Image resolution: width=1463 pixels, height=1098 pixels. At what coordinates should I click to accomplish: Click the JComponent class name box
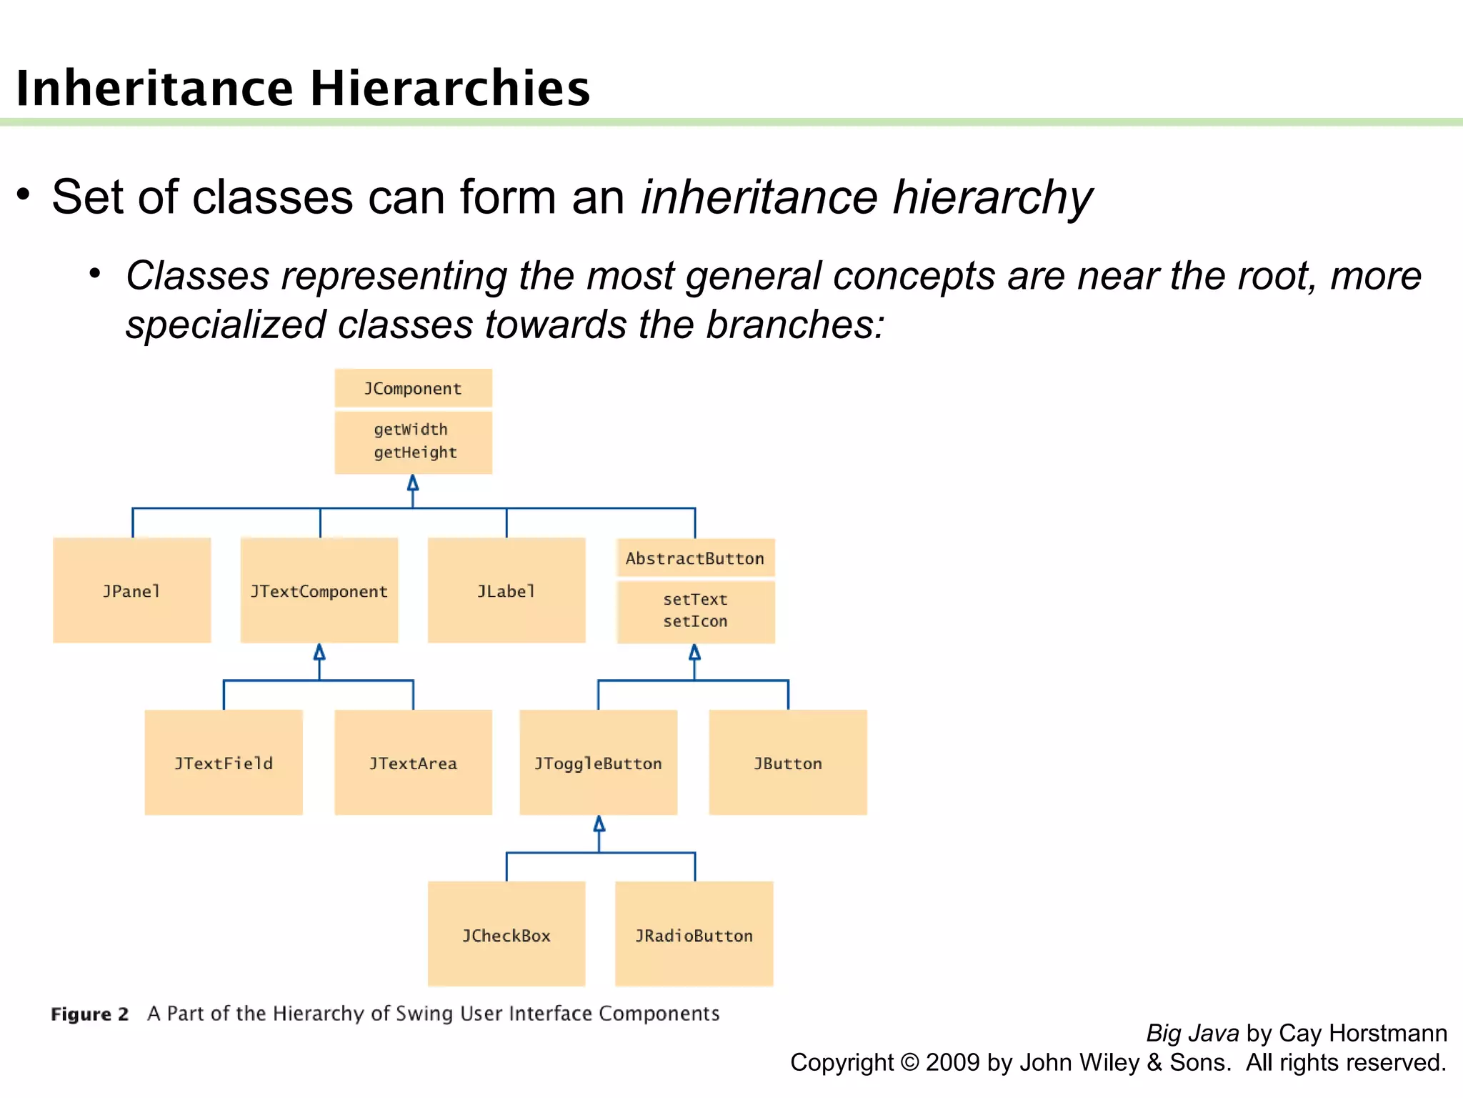pos(413,389)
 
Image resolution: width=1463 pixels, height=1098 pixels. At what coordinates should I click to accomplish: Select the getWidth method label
pos(411,430)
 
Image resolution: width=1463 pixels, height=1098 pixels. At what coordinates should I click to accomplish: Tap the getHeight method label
pos(415,452)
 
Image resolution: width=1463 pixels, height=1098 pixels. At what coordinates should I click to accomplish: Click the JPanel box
pos(132,590)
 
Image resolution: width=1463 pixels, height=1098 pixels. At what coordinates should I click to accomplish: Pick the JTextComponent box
pos(319,590)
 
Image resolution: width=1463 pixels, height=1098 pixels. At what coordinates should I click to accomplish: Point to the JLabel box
pos(506,590)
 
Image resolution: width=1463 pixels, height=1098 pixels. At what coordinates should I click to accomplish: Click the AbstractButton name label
pos(695,558)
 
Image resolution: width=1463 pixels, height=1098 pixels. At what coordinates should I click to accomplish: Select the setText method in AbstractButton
pos(695,599)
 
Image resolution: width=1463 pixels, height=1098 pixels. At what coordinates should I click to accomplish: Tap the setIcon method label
pos(695,621)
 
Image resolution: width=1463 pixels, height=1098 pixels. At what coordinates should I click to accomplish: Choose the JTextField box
pos(224,763)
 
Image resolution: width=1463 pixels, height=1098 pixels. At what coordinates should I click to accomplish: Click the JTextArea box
pos(413,763)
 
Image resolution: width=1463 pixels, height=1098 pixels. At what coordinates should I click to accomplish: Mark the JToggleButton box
pos(599,763)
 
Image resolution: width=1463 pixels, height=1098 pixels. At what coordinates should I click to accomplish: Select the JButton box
pos(788,763)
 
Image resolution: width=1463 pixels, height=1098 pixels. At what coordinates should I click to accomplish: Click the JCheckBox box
pos(506,934)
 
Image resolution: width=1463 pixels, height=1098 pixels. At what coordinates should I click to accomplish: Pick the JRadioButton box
pos(694,934)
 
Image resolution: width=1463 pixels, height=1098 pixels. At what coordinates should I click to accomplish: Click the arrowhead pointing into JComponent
pos(413,483)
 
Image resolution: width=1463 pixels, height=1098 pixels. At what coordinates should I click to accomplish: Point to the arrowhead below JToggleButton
pos(599,824)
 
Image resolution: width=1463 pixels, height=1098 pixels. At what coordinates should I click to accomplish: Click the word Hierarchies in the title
pos(450,89)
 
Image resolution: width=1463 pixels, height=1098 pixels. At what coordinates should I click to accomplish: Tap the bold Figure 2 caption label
pos(90,1014)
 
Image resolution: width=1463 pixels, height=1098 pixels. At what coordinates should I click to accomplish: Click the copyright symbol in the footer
pos(910,1062)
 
